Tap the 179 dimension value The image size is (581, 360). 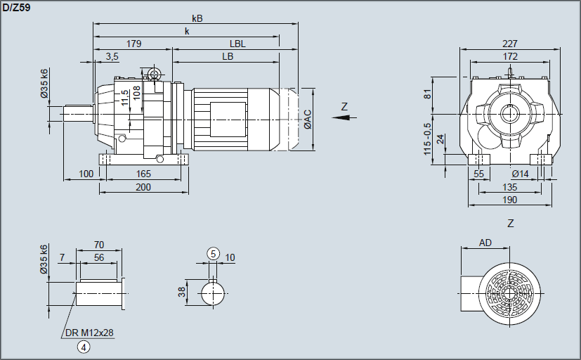coord(133,44)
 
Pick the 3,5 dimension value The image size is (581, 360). coord(112,56)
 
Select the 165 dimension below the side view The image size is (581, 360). coord(143,174)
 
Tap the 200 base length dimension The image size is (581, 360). coord(143,187)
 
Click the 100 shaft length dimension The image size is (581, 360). coord(86,174)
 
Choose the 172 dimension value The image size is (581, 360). coord(510,56)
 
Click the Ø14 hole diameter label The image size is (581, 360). coord(520,174)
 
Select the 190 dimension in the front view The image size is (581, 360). coord(510,200)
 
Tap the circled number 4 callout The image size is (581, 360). coord(84,346)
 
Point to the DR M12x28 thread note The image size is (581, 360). coord(90,332)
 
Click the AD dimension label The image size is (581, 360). coord(485,243)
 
